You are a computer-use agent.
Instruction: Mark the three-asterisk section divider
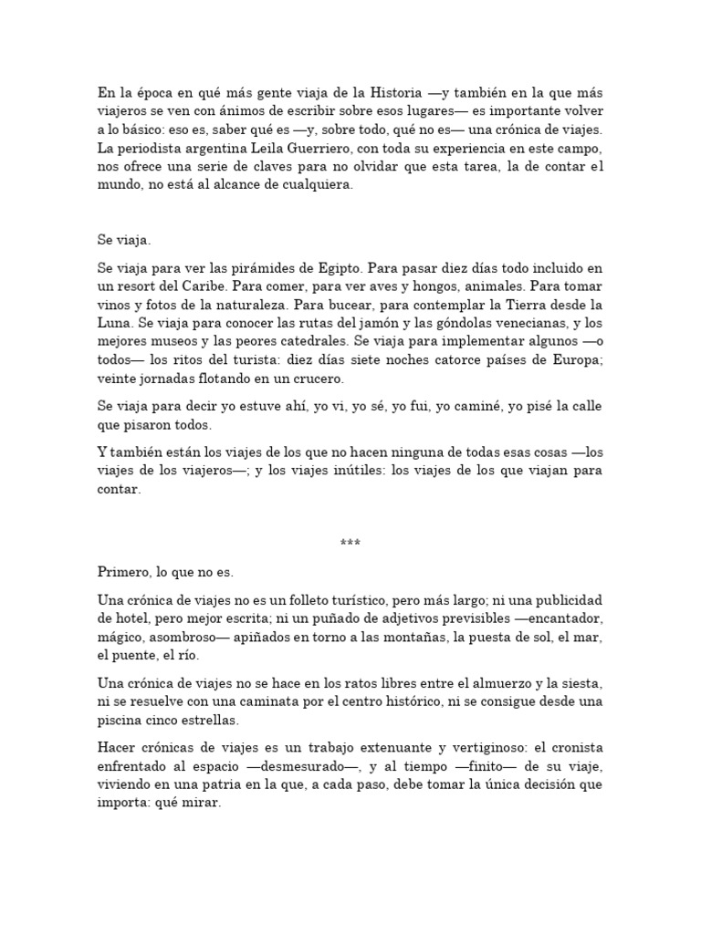pos(350,545)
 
